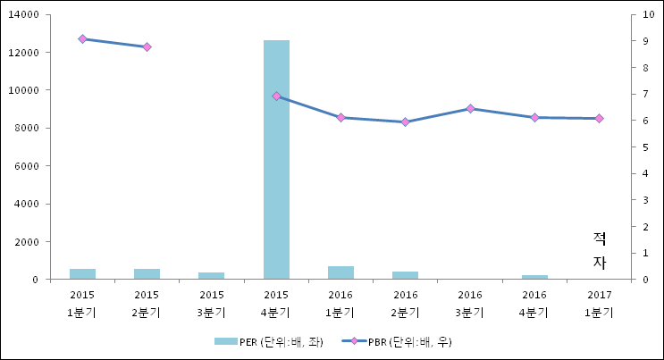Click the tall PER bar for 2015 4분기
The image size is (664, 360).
point(276,161)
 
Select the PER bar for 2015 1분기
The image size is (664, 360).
point(82,274)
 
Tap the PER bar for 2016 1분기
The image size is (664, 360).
point(340,272)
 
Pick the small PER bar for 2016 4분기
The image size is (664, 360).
point(534,277)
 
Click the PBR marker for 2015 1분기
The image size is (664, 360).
point(82,39)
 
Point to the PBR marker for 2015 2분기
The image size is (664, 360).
point(147,46)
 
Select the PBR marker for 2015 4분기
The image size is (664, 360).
point(276,96)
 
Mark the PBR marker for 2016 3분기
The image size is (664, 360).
point(470,108)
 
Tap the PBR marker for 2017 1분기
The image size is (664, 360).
point(599,118)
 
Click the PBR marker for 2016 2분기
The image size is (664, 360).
point(405,121)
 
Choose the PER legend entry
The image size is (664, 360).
point(268,341)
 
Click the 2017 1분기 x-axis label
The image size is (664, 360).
point(599,304)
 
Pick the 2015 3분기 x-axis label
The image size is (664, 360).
point(212,304)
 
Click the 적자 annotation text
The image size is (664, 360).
point(600,250)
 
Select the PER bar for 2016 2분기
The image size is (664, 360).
point(405,275)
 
